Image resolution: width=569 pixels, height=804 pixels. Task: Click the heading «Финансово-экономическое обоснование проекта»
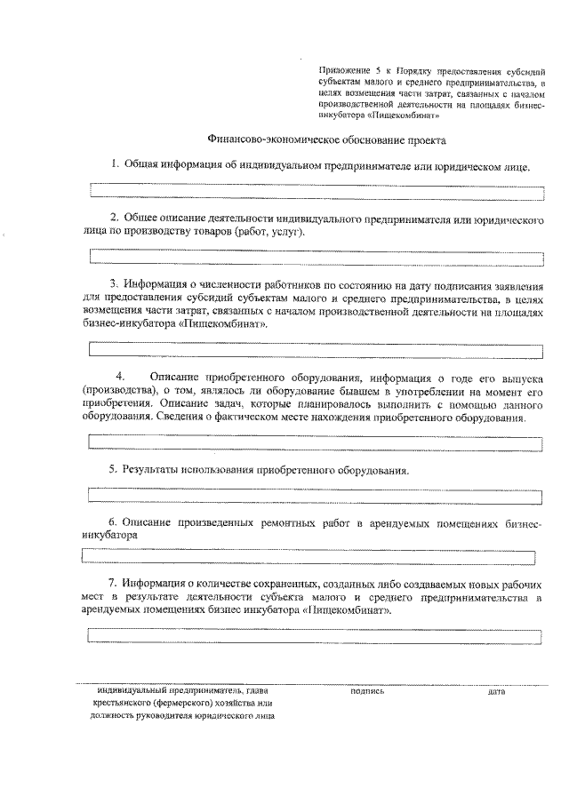click(x=326, y=139)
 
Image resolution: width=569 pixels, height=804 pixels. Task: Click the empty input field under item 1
click(x=317, y=189)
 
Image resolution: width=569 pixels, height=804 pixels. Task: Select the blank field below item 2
click(x=317, y=257)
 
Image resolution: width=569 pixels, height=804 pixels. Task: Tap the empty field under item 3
click(x=317, y=350)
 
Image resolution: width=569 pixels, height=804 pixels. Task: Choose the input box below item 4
click(x=317, y=442)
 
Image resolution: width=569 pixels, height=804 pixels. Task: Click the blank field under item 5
click(x=317, y=495)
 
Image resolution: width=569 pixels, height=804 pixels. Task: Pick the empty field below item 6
click(x=309, y=557)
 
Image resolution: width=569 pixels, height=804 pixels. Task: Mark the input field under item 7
click(x=317, y=635)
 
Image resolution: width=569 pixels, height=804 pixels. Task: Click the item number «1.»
click(x=116, y=165)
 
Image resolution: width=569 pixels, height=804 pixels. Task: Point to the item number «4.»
click(x=121, y=376)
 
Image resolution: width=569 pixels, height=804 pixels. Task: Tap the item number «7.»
click(x=114, y=583)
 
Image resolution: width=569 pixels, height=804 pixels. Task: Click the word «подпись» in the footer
click(x=367, y=690)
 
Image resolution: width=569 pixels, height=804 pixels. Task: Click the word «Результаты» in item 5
click(x=153, y=469)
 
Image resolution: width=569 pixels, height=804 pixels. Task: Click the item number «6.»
click(x=114, y=522)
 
